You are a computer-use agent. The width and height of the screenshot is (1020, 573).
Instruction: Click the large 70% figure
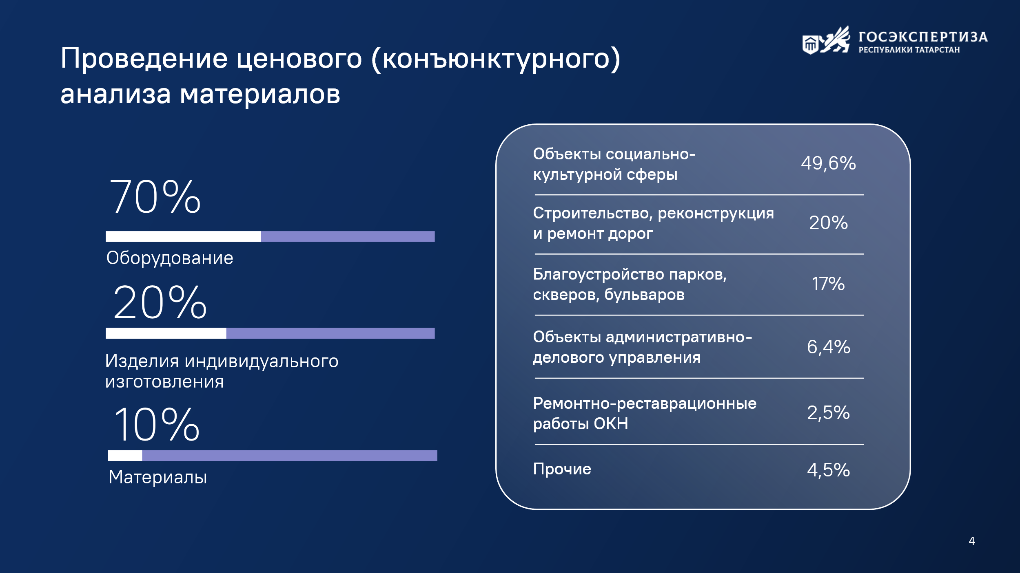pos(155,197)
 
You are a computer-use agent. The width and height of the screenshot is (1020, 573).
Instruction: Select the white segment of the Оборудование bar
pos(183,236)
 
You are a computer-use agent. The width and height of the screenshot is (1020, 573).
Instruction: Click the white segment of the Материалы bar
pos(125,456)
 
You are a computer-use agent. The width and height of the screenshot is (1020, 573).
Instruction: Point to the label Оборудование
pos(170,258)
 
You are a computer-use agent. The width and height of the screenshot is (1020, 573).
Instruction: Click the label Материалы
pos(158,477)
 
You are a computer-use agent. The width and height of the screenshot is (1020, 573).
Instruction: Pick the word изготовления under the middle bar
pos(164,382)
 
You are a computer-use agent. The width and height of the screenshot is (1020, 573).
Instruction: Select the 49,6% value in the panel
pos(828,163)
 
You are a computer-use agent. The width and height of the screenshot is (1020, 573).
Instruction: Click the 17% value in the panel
pos(828,284)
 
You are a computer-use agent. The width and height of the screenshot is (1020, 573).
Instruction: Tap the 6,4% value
pos(829,347)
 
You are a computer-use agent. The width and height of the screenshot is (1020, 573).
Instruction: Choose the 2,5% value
pos(829,412)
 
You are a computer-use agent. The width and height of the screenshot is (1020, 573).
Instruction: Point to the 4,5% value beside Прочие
pos(829,470)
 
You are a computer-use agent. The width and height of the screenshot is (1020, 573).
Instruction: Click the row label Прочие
pos(562,469)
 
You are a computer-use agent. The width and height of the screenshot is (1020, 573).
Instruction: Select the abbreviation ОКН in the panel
pos(611,424)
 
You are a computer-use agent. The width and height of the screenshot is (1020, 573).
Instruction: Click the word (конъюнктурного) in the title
pos(496,59)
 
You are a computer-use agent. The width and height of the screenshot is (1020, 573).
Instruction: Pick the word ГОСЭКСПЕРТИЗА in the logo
pos(923,37)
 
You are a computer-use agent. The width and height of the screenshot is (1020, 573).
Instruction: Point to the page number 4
pos(972,541)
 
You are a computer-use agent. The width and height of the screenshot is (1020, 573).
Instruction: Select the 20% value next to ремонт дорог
pos(828,223)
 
